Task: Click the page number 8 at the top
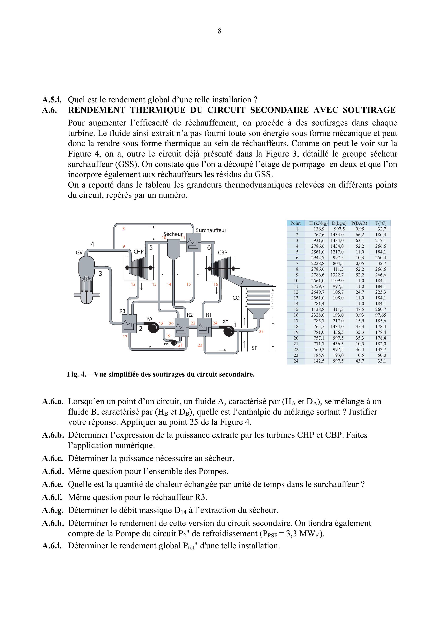(x=219, y=31)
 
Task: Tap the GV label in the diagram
(x=79, y=253)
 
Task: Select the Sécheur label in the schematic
(x=173, y=234)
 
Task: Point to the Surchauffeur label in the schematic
(x=211, y=230)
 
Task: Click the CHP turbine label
(x=138, y=251)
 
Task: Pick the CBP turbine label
(x=222, y=252)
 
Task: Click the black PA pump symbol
(x=153, y=328)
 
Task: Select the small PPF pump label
(x=167, y=344)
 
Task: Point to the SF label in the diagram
(x=254, y=348)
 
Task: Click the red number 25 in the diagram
(x=261, y=331)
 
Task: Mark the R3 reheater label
(x=122, y=311)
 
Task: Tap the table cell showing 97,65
(x=381, y=315)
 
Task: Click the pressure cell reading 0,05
(x=360, y=263)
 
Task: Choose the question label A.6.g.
(x=52, y=510)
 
